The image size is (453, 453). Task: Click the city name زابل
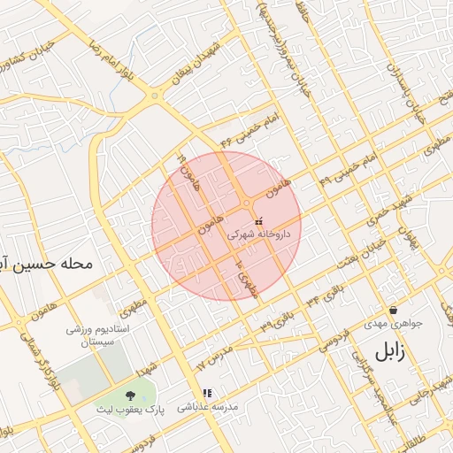[389, 350]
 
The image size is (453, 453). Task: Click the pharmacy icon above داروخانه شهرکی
[258, 221]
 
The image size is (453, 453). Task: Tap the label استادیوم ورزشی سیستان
[99, 335]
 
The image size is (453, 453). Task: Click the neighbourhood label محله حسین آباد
[49, 264]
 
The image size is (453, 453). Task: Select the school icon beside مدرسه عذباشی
[207, 393]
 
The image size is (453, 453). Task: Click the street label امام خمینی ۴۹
[353, 162]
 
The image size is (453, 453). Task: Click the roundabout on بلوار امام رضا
[155, 96]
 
